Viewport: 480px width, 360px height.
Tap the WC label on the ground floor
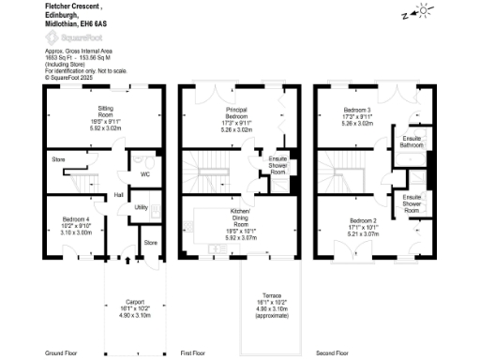coord(144,173)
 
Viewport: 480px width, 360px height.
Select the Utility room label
coord(142,207)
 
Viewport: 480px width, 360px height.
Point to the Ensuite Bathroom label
coord(412,142)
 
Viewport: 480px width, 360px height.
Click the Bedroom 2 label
coord(361,222)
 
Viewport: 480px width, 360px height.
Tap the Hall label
coord(119,194)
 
